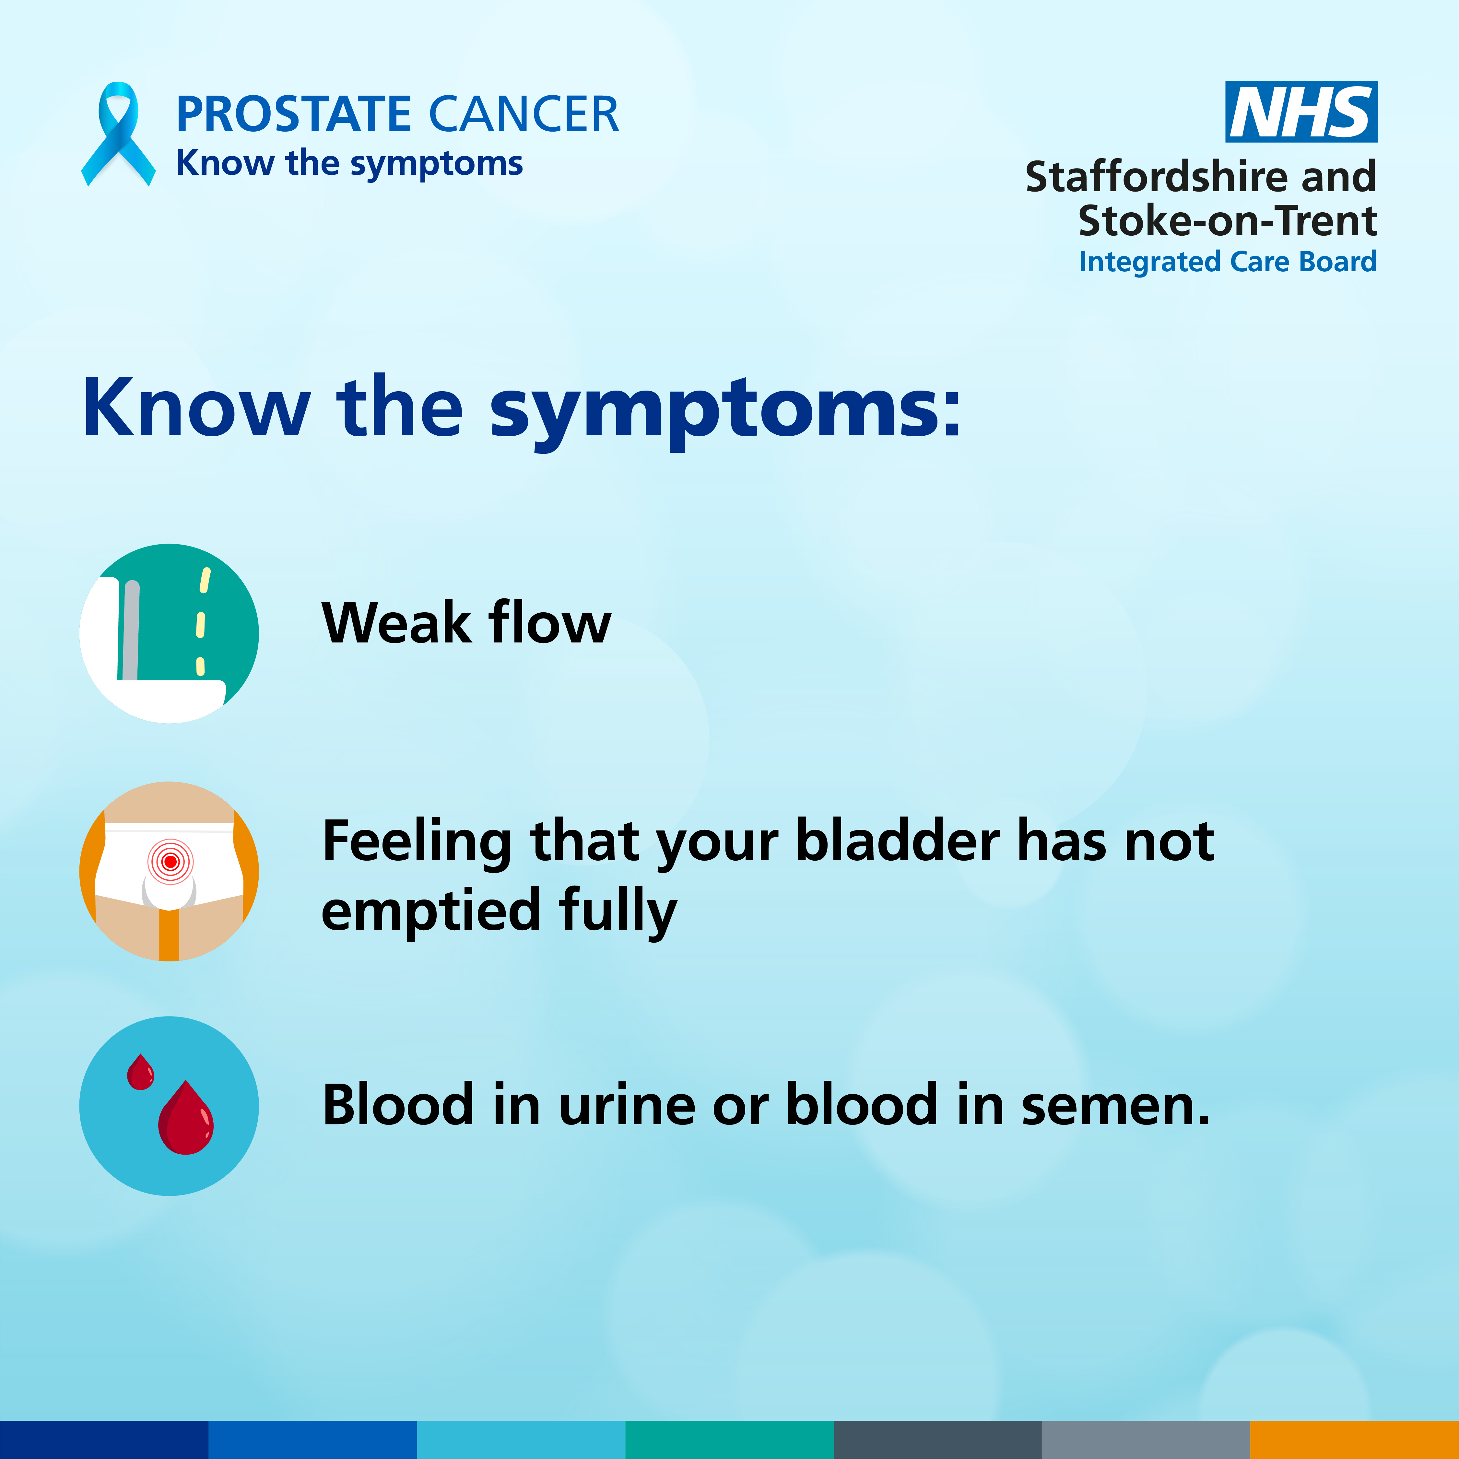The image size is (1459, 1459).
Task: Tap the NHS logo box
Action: tap(1301, 112)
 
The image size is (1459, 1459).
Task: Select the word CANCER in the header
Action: tap(524, 115)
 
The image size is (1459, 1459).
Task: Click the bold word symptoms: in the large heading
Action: tap(725, 412)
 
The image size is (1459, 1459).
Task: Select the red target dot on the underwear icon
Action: tap(170, 861)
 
